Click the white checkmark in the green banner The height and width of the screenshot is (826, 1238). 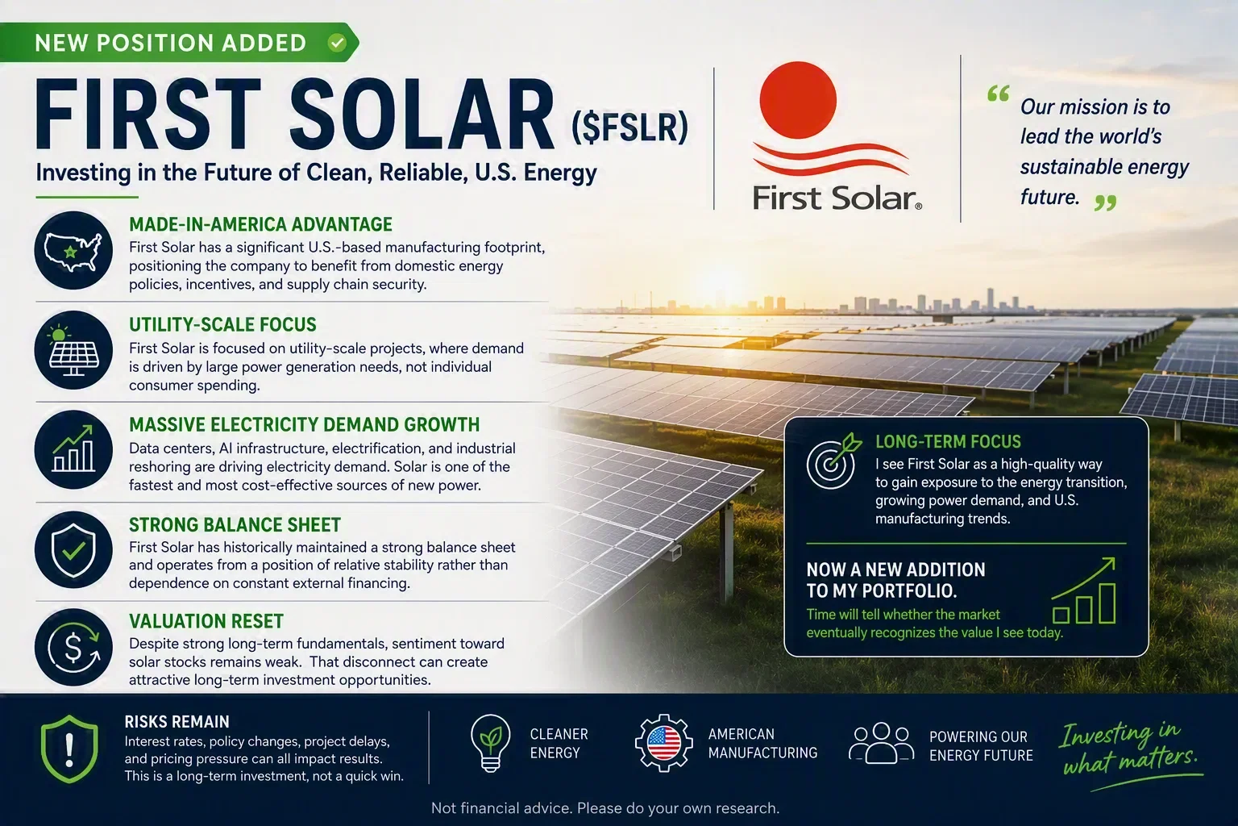337,43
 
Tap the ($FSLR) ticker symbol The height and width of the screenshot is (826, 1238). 629,127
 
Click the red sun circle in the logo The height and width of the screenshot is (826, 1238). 797,99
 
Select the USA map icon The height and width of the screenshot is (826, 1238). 73,251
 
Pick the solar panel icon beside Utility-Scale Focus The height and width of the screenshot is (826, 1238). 73,350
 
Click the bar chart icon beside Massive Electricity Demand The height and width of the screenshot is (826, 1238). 73,449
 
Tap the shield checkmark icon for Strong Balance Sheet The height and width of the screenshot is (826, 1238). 73,549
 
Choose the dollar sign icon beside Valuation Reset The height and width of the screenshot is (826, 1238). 73,647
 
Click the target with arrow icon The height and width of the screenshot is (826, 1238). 833,461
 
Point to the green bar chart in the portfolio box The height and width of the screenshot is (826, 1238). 1084,591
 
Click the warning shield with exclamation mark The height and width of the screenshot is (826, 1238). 69,749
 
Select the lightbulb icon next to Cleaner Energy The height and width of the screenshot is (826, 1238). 490,743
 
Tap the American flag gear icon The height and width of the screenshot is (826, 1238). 663,743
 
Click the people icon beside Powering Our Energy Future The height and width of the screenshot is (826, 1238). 881,744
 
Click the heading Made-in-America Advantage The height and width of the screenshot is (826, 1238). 261,224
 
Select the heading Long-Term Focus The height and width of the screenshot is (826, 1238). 949,441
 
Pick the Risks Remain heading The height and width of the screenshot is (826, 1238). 177,722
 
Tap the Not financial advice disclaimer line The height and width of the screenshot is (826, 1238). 605,808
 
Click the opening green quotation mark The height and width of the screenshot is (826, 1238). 998,94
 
